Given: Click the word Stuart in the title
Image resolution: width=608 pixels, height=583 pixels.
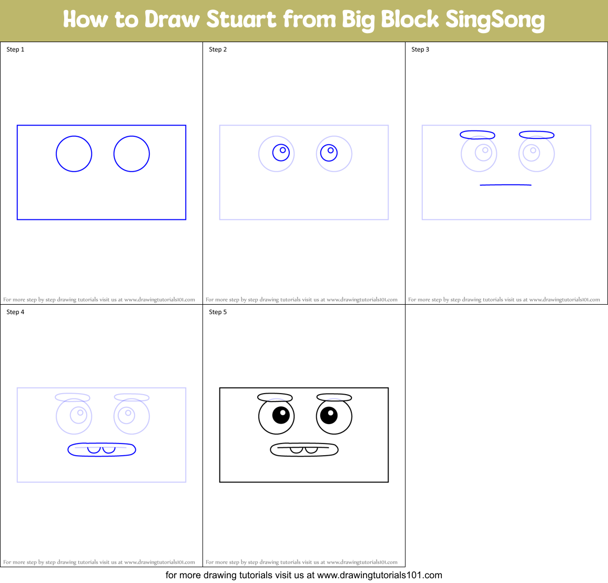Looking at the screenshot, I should click(x=241, y=19).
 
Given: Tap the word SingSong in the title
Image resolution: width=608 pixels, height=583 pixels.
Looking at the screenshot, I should click(x=494, y=20).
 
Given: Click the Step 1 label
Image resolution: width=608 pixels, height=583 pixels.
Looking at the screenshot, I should click(x=15, y=49).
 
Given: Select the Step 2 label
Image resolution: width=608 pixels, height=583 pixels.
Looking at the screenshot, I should click(x=218, y=49).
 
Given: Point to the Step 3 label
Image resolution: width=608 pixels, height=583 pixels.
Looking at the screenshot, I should click(x=420, y=49).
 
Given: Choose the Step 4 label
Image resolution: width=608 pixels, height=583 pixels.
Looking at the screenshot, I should click(x=15, y=312).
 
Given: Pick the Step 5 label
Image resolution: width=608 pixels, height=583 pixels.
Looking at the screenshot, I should click(x=218, y=312).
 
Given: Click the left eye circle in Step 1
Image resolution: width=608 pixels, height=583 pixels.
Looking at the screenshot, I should click(x=74, y=154).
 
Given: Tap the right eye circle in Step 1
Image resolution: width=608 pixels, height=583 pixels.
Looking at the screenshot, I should click(x=131, y=154).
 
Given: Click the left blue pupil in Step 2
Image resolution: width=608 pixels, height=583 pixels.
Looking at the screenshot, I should click(x=281, y=153).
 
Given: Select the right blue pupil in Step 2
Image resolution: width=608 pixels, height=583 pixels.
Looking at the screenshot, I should click(x=329, y=153).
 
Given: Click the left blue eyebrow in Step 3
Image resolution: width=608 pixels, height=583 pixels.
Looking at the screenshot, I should click(x=477, y=135).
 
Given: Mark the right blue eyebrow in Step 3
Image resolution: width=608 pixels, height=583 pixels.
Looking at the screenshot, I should click(x=536, y=135).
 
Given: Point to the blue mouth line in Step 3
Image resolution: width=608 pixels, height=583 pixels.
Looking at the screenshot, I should click(x=505, y=185).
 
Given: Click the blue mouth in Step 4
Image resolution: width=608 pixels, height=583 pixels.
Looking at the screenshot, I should click(x=102, y=450).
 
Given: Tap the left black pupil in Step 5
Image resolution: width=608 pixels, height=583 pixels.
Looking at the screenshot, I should click(x=281, y=415).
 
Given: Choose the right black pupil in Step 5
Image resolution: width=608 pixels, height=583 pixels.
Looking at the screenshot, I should click(x=329, y=415).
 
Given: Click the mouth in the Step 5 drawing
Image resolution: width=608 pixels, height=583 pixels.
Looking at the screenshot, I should click(x=304, y=450).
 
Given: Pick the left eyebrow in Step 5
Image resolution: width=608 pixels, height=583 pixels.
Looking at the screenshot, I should click(x=275, y=397).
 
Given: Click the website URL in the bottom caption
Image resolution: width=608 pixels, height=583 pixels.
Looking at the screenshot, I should click(x=379, y=575).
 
